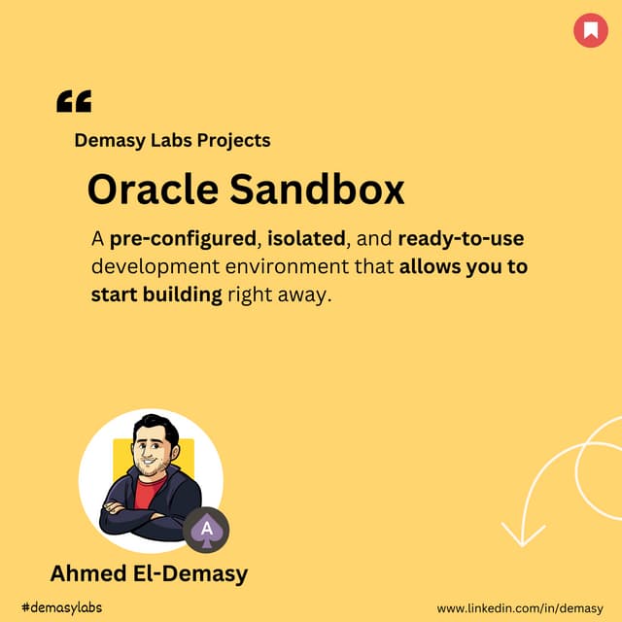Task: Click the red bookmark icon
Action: (590, 31)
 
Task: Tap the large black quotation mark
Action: (74, 101)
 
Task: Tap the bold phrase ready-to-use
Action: (461, 239)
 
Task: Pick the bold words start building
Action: (156, 294)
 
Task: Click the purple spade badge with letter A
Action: (206, 530)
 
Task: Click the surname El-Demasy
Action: (193, 573)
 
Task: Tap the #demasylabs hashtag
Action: (60, 607)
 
